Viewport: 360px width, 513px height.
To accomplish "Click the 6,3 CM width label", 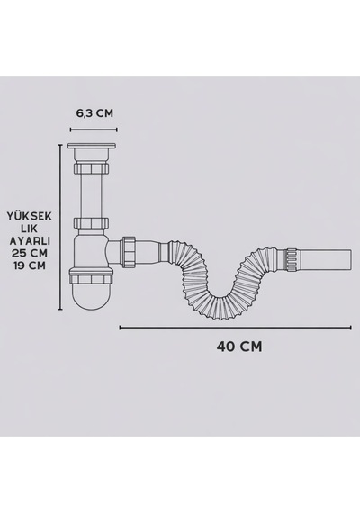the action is [x=94, y=113].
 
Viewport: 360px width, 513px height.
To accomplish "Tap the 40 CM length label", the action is [x=239, y=346].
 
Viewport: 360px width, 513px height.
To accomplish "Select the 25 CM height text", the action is [x=30, y=253].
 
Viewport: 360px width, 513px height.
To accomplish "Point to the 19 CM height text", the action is [x=30, y=265].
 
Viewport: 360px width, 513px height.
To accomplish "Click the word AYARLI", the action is [x=30, y=241].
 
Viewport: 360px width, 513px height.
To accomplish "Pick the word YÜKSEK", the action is [x=30, y=216].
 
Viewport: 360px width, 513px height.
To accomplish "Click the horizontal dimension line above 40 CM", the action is [x=235, y=328].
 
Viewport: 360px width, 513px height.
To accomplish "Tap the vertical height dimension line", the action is [x=60, y=227].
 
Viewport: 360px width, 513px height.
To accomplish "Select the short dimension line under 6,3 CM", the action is [x=94, y=130].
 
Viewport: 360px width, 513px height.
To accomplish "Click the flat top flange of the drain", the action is [x=92, y=146].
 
